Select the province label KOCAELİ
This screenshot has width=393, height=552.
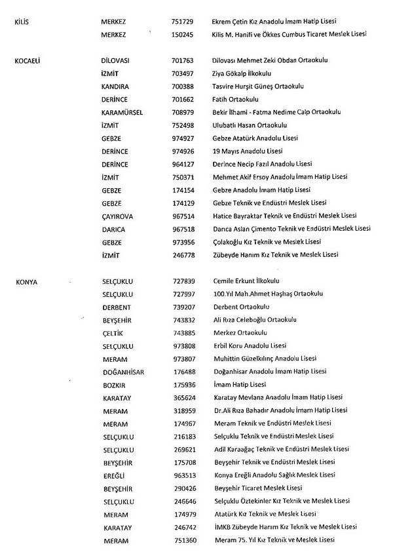coord(28,60)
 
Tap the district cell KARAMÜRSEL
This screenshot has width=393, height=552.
coord(122,112)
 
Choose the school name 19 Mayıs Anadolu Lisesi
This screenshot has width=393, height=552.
coord(256,151)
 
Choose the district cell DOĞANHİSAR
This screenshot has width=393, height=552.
coord(124,372)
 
